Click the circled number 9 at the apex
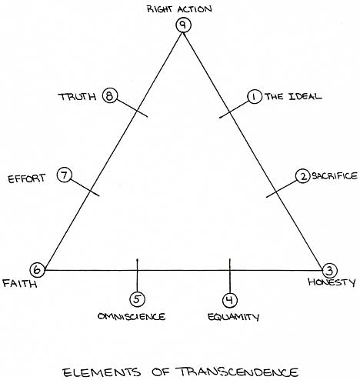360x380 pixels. click(183, 25)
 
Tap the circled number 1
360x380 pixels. click(255, 97)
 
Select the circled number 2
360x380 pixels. click(303, 176)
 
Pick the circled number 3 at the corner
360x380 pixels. click(330, 270)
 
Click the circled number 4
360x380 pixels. click(230, 300)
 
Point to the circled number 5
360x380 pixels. click(137, 299)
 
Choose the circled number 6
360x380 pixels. click(37, 270)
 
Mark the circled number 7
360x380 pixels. click(65, 175)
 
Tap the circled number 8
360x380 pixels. click(110, 96)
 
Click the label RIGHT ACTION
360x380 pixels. click(179, 9)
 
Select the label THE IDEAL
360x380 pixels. click(293, 96)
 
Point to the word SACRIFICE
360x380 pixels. click(335, 176)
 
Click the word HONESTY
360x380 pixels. click(332, 282)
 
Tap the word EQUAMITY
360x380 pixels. click(233, 317)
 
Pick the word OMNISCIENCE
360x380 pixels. click(132, 316)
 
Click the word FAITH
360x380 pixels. click(20, 284)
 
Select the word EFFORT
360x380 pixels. click(27, 178)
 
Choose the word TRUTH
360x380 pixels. click(77, 97)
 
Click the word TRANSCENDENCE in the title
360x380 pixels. click(237, 372)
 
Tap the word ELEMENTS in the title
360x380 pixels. click(102, 372)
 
